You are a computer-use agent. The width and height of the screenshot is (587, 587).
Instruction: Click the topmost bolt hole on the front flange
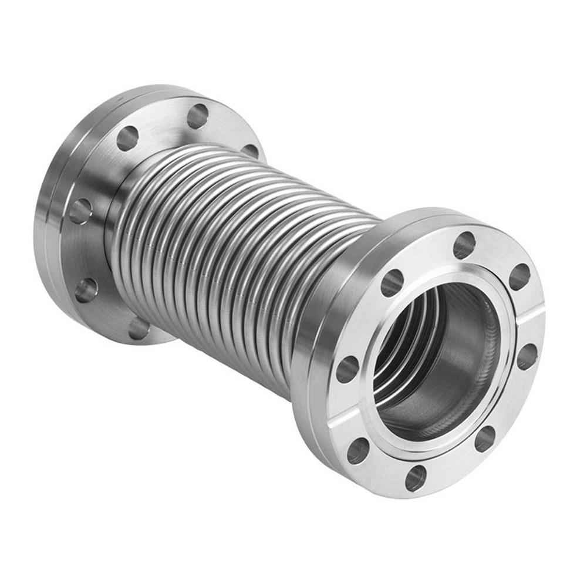pos(464,245)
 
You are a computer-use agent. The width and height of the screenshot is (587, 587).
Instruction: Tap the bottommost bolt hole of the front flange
pos(415,478)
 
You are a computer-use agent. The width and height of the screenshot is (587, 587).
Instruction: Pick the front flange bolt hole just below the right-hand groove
pos(527,356)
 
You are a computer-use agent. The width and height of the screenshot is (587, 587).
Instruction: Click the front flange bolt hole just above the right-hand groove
pos(519,276)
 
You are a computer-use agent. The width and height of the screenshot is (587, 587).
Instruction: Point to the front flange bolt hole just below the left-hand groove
pos(357,451)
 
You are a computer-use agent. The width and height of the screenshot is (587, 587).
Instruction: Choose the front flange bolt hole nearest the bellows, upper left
pos(392,282)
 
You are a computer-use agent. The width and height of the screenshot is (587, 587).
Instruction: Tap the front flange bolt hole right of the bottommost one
pos(485,438)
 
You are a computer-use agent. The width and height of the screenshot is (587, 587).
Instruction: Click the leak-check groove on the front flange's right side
pos(531,317)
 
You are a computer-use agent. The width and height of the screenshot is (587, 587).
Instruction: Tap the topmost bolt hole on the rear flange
pos(197,116)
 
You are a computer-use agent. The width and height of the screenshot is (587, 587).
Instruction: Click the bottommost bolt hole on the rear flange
pos(139,328)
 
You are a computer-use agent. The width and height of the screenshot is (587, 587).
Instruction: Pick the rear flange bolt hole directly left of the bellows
pos(80,211)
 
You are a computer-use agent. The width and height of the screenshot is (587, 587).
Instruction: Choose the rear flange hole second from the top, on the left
pos(127,139)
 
